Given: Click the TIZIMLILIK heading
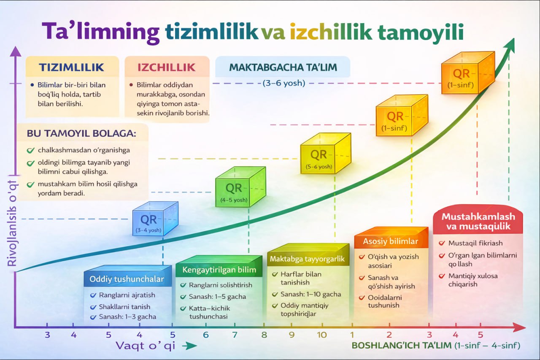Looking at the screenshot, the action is (x=72, y=67).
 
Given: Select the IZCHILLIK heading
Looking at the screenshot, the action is (x=166, y=67).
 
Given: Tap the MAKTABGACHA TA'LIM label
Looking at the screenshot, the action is (x=283, y=67).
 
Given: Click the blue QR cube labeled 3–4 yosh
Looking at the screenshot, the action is (x=155, y=219).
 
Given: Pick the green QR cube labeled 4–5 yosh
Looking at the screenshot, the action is (x=240, y=187).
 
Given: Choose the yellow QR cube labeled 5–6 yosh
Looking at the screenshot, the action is (x=326, y=153).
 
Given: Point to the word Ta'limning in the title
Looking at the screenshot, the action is (x=100, y=32).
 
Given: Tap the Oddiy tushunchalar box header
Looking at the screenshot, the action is (x=127, y=279).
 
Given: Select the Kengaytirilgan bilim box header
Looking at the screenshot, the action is (x=219, y=270).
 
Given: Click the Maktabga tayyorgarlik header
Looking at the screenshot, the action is (x=308, y=259).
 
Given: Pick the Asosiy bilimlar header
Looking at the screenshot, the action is (x=391, y=241).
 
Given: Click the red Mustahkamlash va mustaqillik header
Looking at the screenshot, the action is (x=478, y=221).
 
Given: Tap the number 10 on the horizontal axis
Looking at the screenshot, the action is (x=321, y=335).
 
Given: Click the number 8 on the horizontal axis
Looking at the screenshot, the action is (x=264, y=335).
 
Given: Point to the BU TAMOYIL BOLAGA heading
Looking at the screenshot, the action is (x=81, y=133).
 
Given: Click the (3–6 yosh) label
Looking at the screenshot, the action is (x=284, y=83).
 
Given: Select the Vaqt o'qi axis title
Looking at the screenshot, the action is (x=146, y=346).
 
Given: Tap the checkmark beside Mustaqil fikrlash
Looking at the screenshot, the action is (x=442, y=243).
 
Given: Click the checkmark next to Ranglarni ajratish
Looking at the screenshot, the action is (x=93, y=295).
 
